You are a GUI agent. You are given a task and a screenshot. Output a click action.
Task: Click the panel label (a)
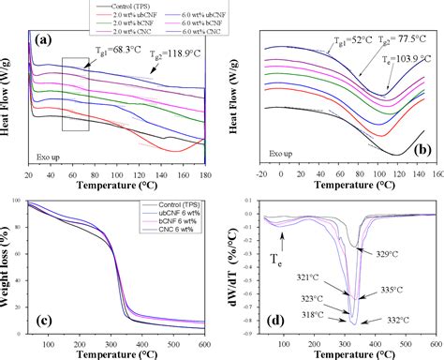click(x=42, y=42)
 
